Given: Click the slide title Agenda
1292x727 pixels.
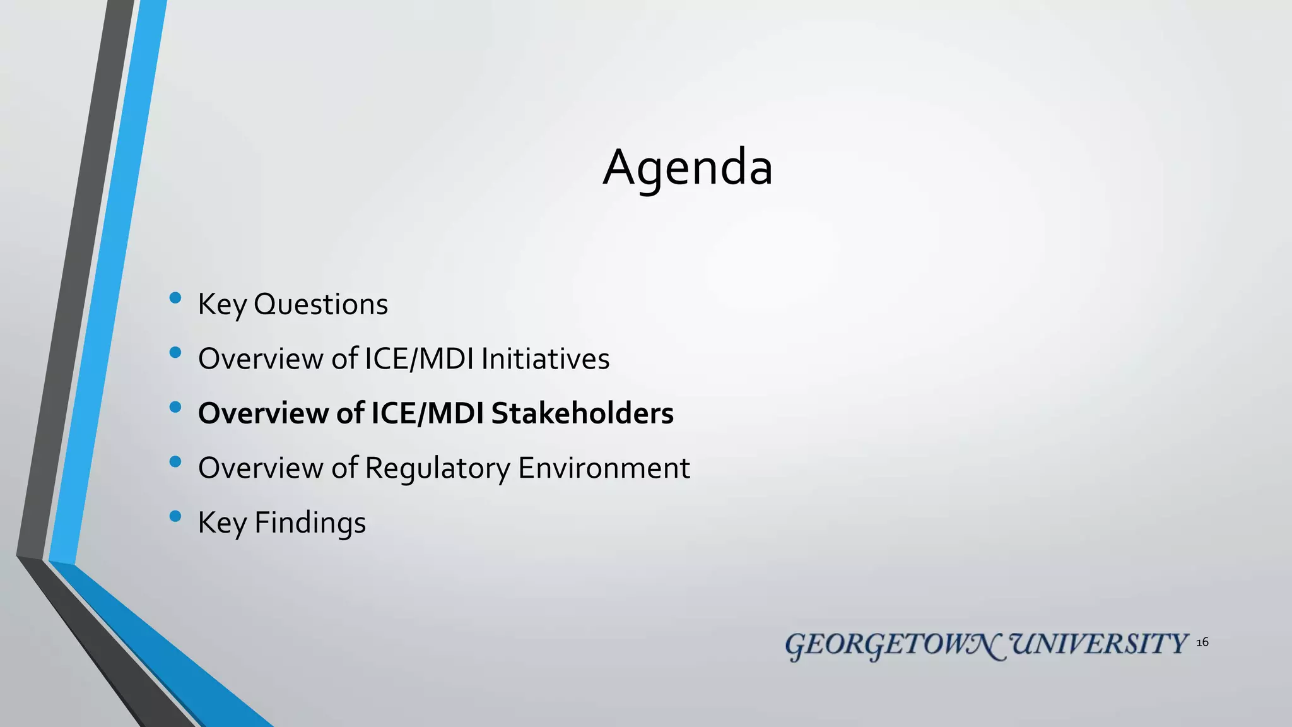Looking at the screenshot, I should click(x=687, y=168).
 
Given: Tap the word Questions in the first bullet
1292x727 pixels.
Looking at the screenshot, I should click(x=320, y=304).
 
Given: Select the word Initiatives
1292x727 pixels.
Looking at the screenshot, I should click(x=545, y=358).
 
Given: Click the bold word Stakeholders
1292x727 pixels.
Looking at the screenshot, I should click(x=582, y=413).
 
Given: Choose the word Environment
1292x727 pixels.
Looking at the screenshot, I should click(x=604, y=468).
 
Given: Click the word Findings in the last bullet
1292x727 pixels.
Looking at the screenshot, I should click(x=310, y=523).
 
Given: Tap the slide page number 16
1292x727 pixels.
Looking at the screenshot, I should click(x=1202, y=642).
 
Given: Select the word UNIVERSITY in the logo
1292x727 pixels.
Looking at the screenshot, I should click(x=1100, y=644).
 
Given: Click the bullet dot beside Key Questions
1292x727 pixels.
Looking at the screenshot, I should click(x=175, y=298).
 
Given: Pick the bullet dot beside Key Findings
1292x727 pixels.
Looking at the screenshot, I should click(x=175, y=517).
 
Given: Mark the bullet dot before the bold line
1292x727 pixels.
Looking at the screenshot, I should click(x=175, y=408).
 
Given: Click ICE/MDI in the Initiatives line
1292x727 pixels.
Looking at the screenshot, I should click(x=420, y=358).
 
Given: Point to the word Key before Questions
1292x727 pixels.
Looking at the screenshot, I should click(x=222, y=305).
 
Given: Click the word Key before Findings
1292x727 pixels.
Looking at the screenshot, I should click(x=222, y=523).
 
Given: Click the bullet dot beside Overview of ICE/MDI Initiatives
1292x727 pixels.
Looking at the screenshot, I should click(x=175, y=353).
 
